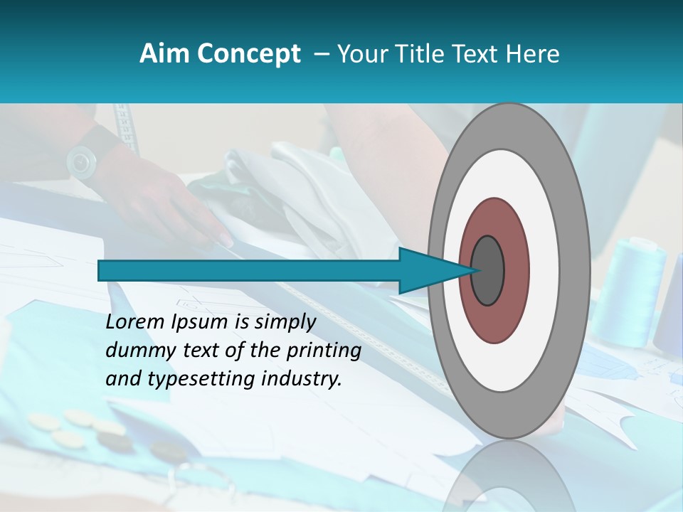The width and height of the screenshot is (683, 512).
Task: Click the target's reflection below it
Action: [509, 476]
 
